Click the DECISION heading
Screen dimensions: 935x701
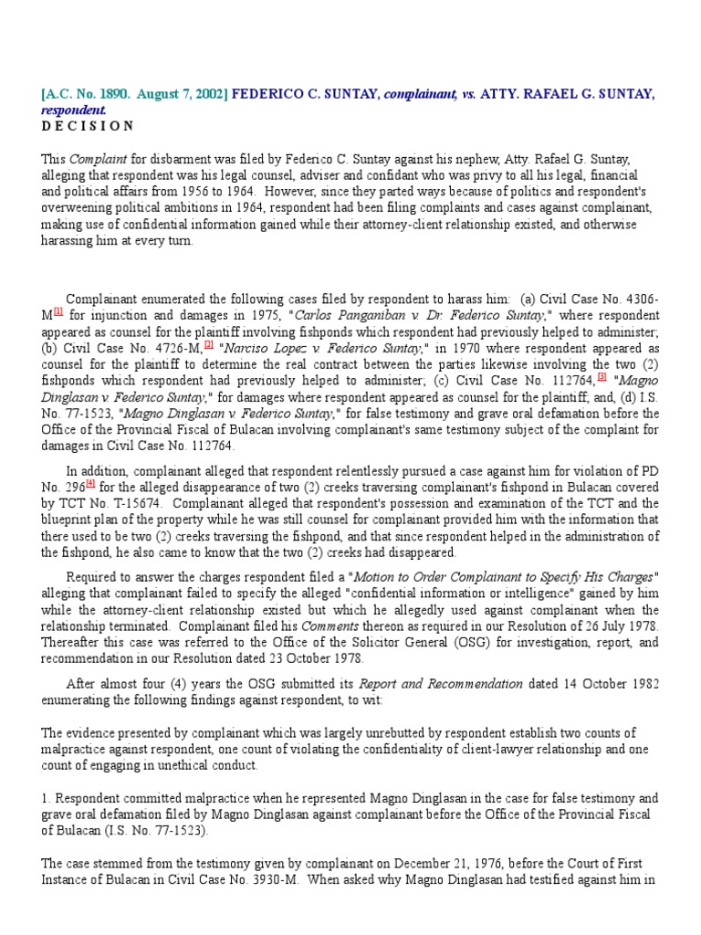point(88,125)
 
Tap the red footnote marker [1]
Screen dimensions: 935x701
point(58,311)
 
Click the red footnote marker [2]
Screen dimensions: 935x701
point(209,344)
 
